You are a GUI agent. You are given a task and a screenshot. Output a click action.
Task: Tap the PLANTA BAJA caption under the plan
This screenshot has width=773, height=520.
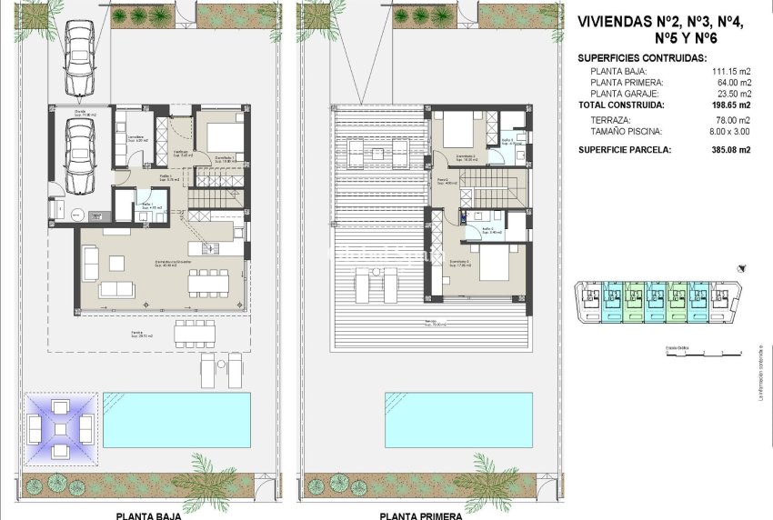[x=148, y=515]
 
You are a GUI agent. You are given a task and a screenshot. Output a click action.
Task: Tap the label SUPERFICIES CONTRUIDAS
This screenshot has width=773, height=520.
[x=642, y=58]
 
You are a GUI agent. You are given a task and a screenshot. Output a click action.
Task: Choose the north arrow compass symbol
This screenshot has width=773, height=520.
[x=745, y=268]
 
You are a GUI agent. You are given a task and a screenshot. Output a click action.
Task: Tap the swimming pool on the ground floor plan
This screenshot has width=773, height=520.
[x=176, y=419]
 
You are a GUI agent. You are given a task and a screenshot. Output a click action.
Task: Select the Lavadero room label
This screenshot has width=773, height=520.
[x=125, y=137]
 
